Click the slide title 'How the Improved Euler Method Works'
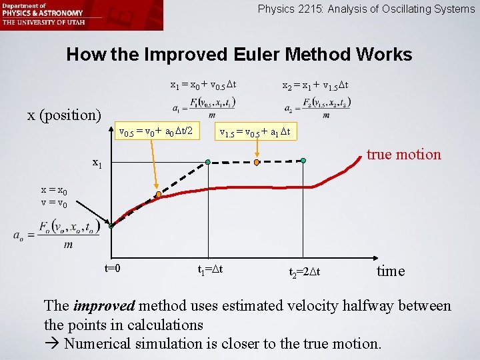(239, 55)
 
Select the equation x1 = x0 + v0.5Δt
(204, 85)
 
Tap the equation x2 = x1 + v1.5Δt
(315, 85)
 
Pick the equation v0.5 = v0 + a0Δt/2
(155, 132)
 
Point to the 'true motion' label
(403, 155)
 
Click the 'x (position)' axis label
(63, 115)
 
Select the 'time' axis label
(391, 271)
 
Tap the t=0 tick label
(113, 268)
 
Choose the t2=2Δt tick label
(309, 272)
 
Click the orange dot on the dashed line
(159, 195)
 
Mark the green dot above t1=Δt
(208, 162)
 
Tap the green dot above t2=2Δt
(303, 161)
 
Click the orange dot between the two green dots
(257, 161)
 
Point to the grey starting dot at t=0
(111, 226)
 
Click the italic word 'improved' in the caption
(104, 306)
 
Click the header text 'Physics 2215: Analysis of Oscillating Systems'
(366, 9)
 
